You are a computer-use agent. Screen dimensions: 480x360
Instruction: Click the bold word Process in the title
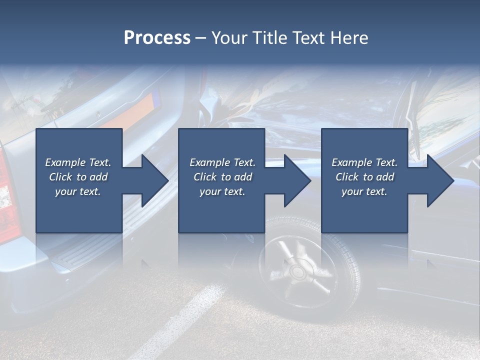pos(157,38)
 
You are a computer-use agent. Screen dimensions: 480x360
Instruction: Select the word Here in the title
pos(349,37)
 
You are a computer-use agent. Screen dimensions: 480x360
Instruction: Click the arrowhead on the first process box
pos(155,180)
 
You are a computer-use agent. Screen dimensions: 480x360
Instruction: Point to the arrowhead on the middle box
pos(297,180)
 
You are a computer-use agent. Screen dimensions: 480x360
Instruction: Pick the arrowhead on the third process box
pos(440,180)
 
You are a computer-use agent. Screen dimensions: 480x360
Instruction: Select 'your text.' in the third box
pos(364,191)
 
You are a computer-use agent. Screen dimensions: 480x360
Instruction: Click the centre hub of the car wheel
pos(296,271)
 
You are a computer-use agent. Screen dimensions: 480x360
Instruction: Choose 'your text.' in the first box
pos(78,191)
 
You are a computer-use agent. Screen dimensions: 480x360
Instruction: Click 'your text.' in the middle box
pos(222,191)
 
